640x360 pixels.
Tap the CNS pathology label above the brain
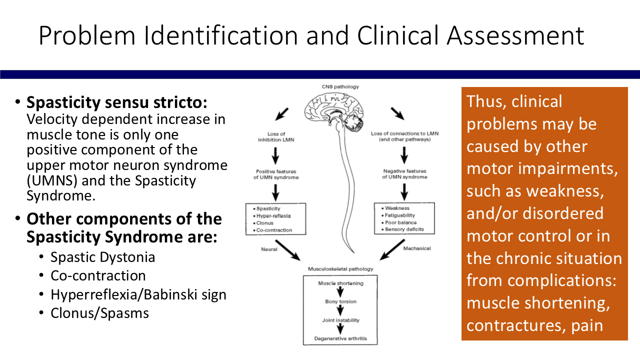pos(340,87)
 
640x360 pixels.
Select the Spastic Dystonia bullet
pos(102,257)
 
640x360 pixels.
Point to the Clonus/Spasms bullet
pos(99,313)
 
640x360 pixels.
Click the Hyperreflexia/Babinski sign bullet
pos(138,294)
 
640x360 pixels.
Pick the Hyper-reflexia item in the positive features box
pos(273,215)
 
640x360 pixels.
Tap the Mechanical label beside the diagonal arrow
pos(417,248)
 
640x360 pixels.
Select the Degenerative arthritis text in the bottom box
pos(340,338)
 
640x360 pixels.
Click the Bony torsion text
pos(340,302)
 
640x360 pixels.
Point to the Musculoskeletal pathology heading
pos(340,269)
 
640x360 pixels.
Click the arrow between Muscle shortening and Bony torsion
pos(340,292)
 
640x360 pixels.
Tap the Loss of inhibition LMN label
pos(275,137)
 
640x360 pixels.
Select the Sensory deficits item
pos(404,229)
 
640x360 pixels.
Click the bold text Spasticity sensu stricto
pos(116,102)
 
